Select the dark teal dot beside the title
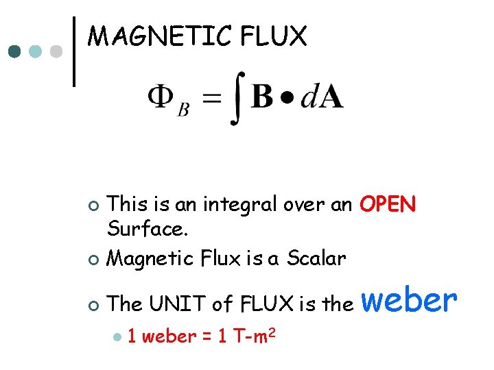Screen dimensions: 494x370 pos(15,51)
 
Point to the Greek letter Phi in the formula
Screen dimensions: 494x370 pos(160,99)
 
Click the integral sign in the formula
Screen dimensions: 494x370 pos(235,101)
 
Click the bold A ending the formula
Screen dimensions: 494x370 pos(331,99)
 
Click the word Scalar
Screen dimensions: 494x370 pos(316,258)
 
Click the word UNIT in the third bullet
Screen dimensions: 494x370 pos(179,303)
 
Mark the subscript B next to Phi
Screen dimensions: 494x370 pos(183,110)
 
